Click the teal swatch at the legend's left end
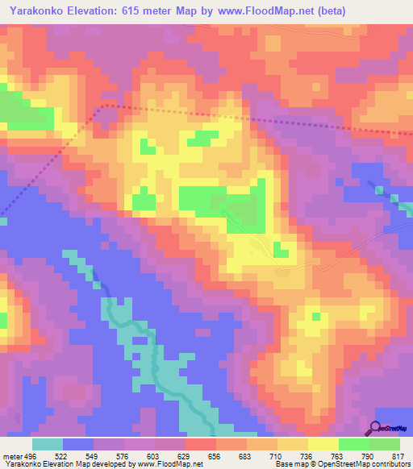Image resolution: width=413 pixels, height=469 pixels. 48,444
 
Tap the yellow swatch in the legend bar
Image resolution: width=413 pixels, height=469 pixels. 323,444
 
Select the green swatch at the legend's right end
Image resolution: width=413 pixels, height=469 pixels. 385,444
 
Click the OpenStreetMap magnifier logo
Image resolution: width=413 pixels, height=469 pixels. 374,428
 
